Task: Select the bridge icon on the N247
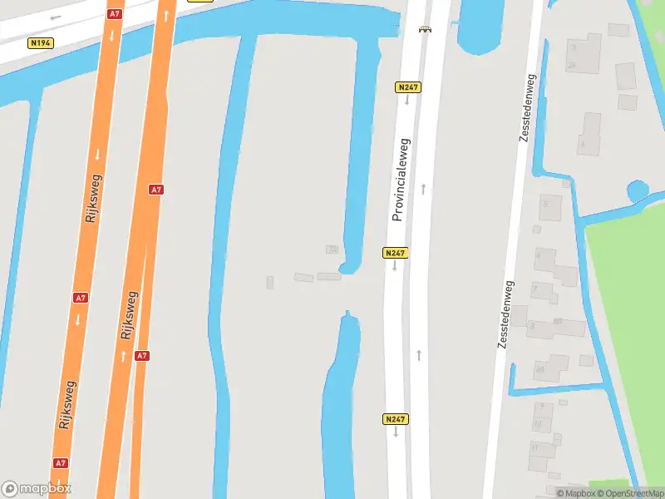point(426,29)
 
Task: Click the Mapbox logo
point(36,489)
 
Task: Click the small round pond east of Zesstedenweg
point(638,192)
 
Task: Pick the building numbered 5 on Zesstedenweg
point(548,204)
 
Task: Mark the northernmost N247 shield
point(407,87)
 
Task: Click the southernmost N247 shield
point(396,419)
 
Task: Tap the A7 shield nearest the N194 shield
point(115,14)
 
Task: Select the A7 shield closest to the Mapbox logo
point(61,462)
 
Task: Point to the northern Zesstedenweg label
point(525,108)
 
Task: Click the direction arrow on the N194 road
point(57,17)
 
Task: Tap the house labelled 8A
point(539,369)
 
